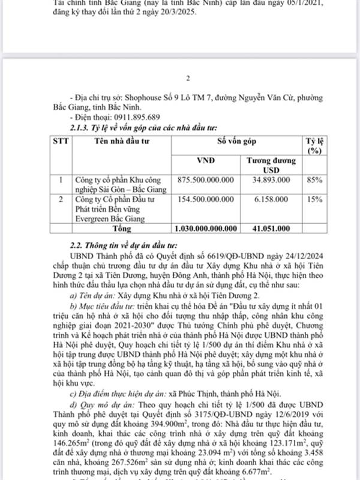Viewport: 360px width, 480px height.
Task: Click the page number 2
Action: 187,78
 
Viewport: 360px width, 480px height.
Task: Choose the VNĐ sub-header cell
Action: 206,161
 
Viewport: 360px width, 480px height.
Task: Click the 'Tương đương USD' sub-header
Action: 269,165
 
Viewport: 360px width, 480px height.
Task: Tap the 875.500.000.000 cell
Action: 206,179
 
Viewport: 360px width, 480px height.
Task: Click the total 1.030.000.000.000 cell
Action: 206,229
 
